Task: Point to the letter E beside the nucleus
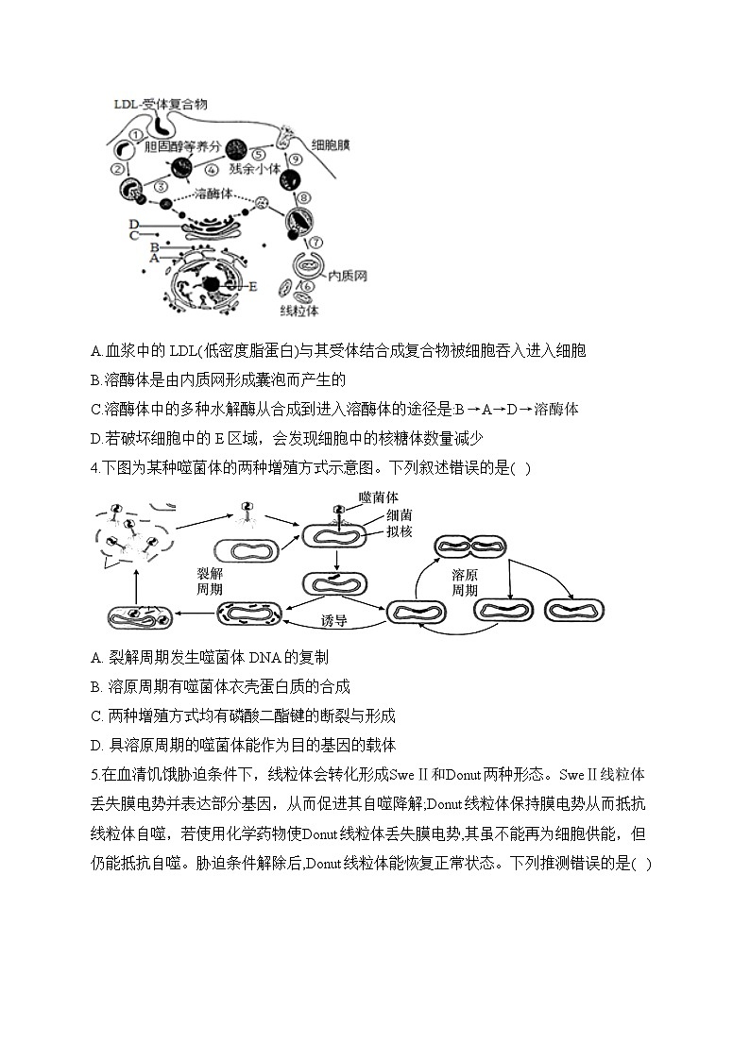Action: [x=252, y=286]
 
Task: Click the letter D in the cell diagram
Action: [x=134, y=224]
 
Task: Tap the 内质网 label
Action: [x=347, y=276]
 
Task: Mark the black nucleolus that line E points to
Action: [x=213, y=284]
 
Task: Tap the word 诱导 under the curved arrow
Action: [x=334, y=620]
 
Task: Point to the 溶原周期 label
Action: [x=464, y=580]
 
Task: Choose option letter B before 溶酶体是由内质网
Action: [x=96, y=380]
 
